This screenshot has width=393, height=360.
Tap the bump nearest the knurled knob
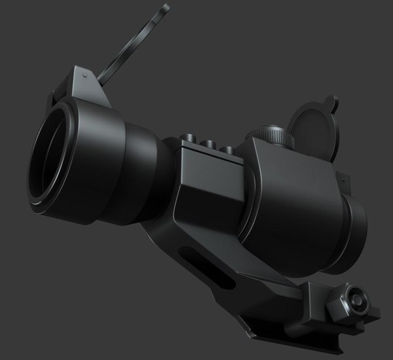(x=227, y=149)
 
